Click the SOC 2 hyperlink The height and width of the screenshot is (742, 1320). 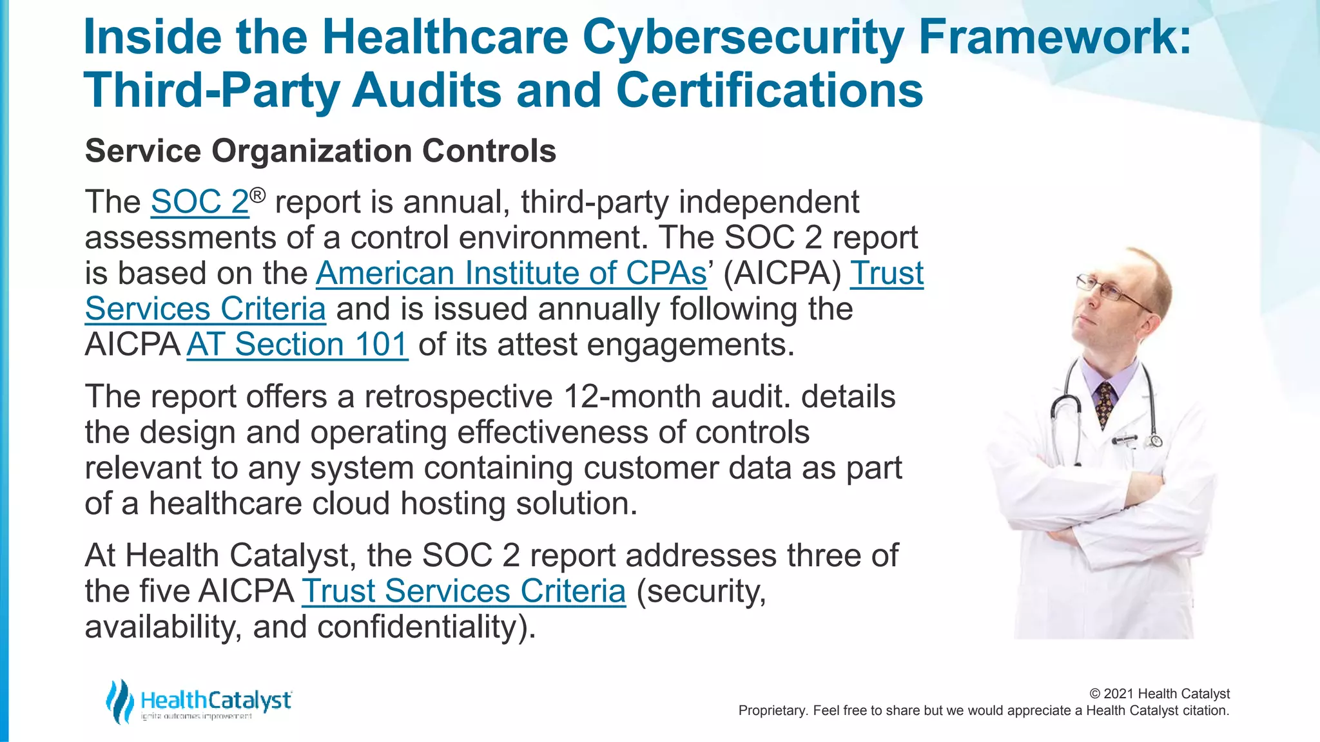coord(199,202)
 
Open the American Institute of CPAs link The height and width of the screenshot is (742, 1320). coord(511,273)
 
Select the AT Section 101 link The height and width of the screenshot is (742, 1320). coord(297,345)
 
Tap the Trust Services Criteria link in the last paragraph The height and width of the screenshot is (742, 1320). coord(463,591)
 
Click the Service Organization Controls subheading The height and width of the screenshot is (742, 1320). coord(320,151)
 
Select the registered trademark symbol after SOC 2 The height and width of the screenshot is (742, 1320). coord(258,195)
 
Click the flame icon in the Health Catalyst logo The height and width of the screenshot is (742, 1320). coord(120,701)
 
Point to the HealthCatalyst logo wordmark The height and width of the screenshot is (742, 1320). coord(215,700)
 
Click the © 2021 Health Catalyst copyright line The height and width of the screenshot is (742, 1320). coord(1159,694)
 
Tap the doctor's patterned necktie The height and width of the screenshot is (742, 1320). coord(1105,403)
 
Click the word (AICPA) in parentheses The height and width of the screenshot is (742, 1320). coord(782,273)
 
